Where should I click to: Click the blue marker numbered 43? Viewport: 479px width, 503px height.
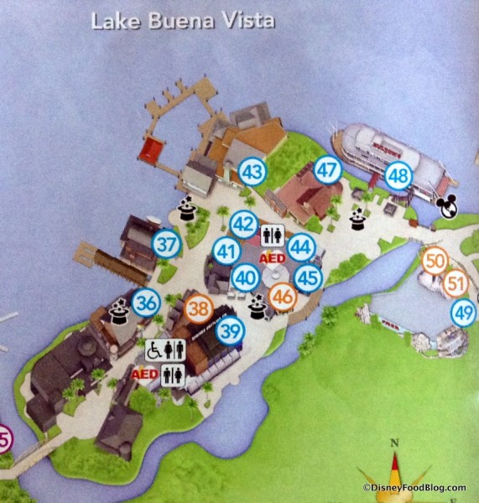coord(253,172)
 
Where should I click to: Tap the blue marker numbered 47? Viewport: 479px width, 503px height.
coord(328,170)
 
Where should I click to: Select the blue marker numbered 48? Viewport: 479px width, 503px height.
coord(399,177)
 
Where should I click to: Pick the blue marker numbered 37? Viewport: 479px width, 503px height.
coord(168,244)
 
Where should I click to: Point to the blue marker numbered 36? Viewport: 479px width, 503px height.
coord(146,302)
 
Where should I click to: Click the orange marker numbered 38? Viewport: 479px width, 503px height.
coord(199,308)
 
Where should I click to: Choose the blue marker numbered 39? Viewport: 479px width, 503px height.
coord(230,330)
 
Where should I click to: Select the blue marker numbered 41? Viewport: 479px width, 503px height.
coord(226,251)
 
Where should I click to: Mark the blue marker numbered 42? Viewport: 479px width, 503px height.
coord(243,224)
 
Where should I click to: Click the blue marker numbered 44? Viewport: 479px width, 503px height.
coord(300,248)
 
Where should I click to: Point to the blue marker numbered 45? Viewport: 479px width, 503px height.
coord(308,277)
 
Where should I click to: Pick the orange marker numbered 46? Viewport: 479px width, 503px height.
coord(284,297)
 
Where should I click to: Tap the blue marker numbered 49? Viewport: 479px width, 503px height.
coord(463,313)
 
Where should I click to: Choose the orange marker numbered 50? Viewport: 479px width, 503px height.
coord(435,261)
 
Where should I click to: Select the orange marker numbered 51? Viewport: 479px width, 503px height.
coord(456,283)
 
